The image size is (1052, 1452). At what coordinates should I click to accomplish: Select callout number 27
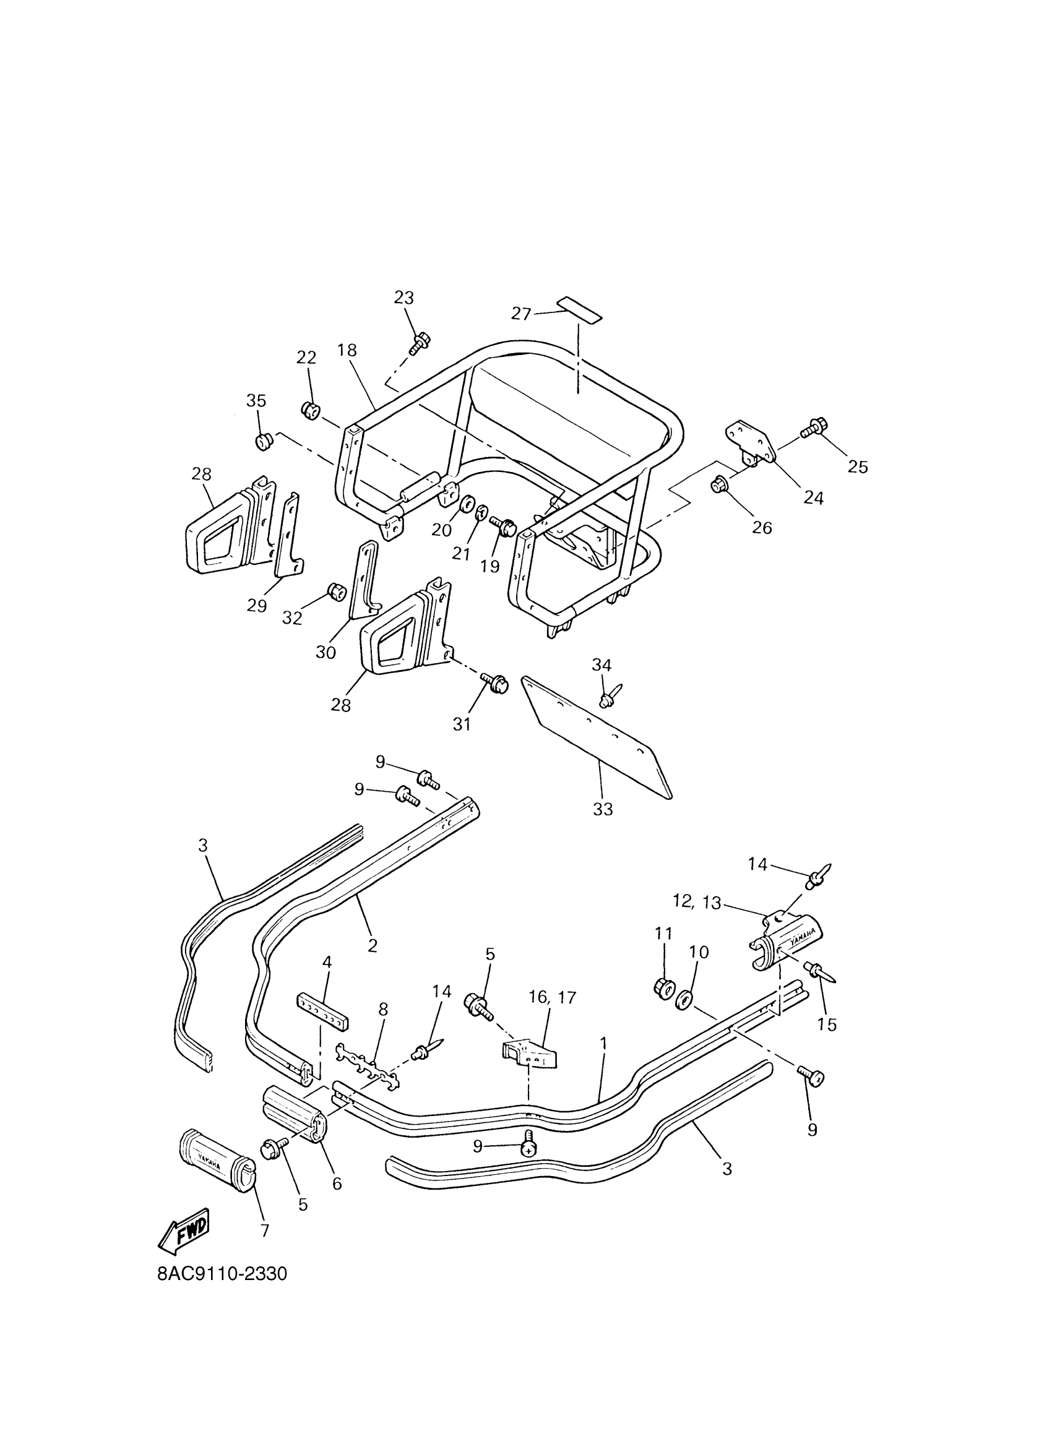click(521, 314)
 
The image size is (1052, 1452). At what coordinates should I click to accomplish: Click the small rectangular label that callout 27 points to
click(579, 309)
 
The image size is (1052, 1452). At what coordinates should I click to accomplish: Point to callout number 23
click(403, 298)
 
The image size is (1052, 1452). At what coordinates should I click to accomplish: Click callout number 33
click(603, 809)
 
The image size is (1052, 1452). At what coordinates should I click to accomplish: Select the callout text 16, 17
click(552, 997)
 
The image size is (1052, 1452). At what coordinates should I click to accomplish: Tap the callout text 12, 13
click(697, 902)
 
